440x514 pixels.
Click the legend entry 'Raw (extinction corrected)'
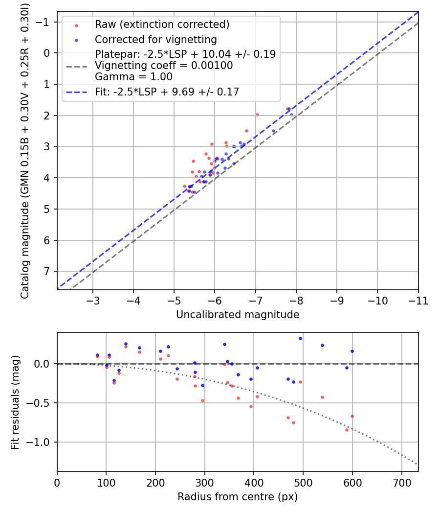click(x=162, y=24)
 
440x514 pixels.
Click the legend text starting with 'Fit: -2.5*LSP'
click(x=167, y=92)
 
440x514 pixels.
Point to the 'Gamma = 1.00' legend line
click(x=133, y=76)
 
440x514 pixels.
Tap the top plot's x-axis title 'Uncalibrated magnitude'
click(x=238, y=315)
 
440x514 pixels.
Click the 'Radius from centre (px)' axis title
click(x=238, y=497)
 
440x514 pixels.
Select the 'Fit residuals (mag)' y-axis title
click(x=15, y=402)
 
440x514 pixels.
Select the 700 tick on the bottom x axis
click(x=401, y=483)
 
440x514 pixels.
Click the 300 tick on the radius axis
click(x=205, y=483)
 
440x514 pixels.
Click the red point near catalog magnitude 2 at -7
click(x=257, y=115)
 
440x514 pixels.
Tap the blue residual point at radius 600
click(x=352, y=351)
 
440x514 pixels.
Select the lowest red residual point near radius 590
click(x=347, y=430)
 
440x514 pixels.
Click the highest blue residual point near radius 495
click(x=300, y=338)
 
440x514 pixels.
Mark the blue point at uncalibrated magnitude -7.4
click(x=274, y=131)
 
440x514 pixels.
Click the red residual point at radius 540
click(x=322, y=397)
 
